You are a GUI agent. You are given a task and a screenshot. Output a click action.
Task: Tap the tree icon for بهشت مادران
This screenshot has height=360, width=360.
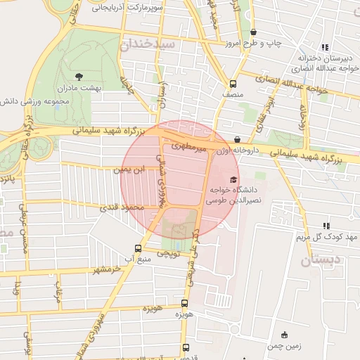coord(77,75)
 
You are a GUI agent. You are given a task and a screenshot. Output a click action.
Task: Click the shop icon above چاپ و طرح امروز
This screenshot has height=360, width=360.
coord(253,32)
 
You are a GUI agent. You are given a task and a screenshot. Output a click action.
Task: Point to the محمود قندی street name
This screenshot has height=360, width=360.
coord(124,207)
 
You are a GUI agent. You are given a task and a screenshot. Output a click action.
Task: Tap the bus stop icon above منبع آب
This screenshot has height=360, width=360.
coord(138,248)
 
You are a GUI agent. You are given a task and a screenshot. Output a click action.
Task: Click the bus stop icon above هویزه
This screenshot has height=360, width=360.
coord(184,303)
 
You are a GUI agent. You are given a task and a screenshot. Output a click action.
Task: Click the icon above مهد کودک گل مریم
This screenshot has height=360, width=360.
coord(326,226)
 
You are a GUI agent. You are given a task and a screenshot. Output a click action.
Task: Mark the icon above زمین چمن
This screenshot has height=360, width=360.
coord(284,335)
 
